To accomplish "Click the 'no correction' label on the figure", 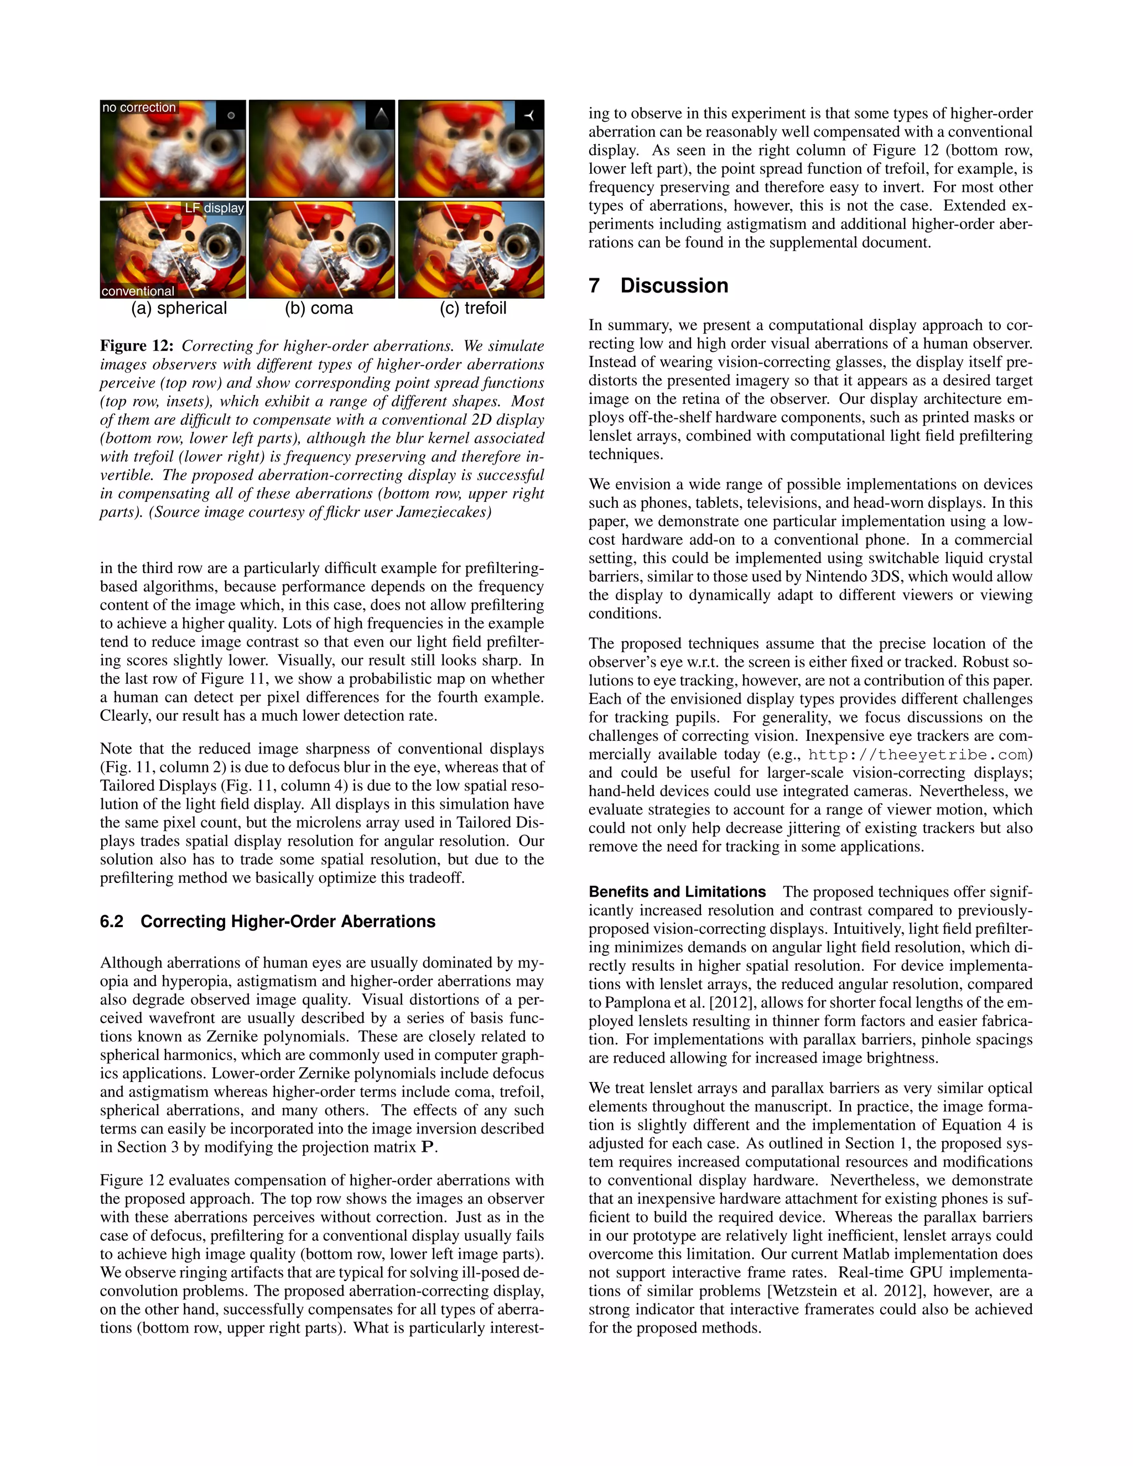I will [x=139, y=107].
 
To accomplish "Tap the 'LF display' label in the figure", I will [x=214, y=208].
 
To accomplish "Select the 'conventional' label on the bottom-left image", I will [x=138, y=292].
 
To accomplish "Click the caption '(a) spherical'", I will [x=179, y=308].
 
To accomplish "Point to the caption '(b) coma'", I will [x=319, y=308].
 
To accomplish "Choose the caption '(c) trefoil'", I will [x=473, y=308].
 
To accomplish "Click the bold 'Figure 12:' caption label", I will [x=137, y=346].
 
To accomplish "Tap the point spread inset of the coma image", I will [x=381, y=115].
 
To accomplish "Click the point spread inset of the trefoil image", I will [x=529, y=115].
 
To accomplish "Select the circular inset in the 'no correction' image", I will [x=231, y=116].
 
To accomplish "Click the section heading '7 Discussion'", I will [x=658, y=285].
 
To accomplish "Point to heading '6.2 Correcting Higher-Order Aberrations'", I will [x=268, y=922].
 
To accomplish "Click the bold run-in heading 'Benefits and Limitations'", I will [x=677, y=892].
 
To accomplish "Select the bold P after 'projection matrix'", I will [x=428, y=1147].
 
